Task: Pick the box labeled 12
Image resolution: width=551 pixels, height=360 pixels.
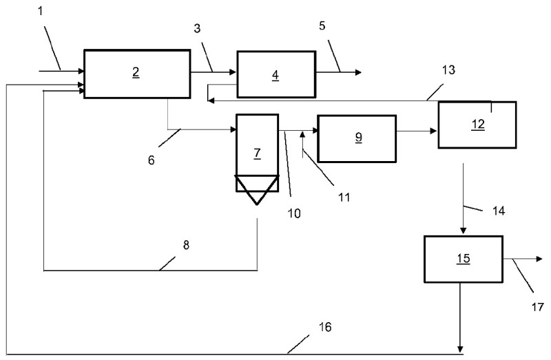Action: (477, 124)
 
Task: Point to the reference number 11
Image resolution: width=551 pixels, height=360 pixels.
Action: (344, 197)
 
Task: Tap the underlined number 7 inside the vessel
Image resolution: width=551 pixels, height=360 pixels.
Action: (257, 153)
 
